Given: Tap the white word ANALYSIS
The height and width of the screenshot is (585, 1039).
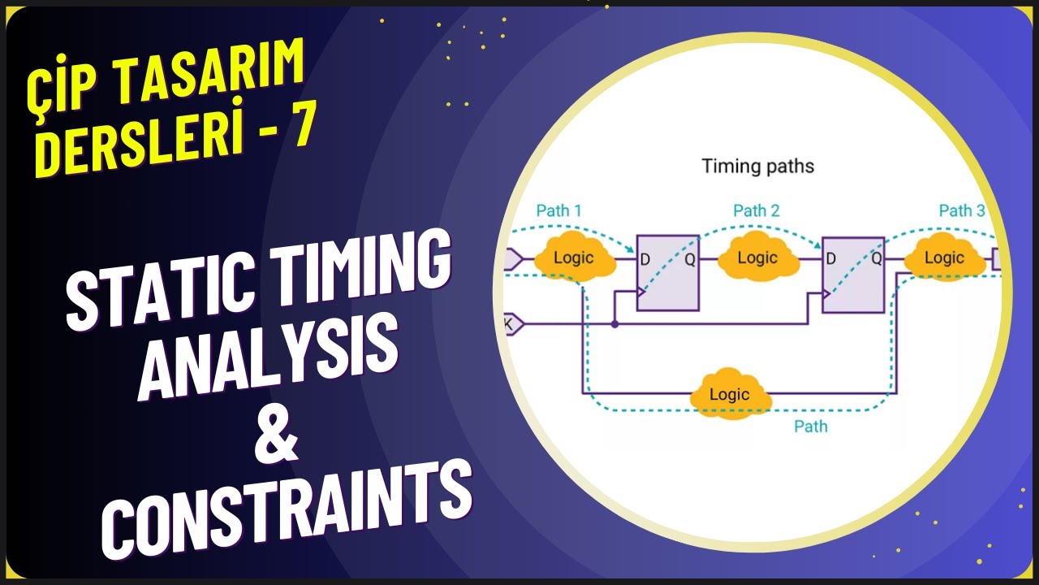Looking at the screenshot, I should pos(268,358).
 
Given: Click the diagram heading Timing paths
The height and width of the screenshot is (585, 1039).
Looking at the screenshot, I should pos(757,167).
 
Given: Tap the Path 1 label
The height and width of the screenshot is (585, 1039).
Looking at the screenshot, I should pos(558,210).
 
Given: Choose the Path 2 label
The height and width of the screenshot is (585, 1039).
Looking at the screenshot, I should pos(756,210).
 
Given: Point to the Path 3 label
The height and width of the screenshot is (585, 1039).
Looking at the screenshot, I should pos(962,210).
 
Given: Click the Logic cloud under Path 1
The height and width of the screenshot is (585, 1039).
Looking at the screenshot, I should pos(574,258).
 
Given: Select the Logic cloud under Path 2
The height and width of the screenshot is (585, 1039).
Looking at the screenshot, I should pos(757,258).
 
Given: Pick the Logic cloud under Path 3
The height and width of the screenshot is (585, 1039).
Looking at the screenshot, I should pos(944,258).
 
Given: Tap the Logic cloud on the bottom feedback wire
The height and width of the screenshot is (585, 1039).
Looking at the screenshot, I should pos(729,394).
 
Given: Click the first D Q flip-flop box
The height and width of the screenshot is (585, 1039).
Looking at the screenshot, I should pos(667,273).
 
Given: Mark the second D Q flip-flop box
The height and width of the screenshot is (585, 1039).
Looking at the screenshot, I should pos(853,275).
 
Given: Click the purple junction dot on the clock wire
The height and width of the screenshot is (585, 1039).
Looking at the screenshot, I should pos(614,324).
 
